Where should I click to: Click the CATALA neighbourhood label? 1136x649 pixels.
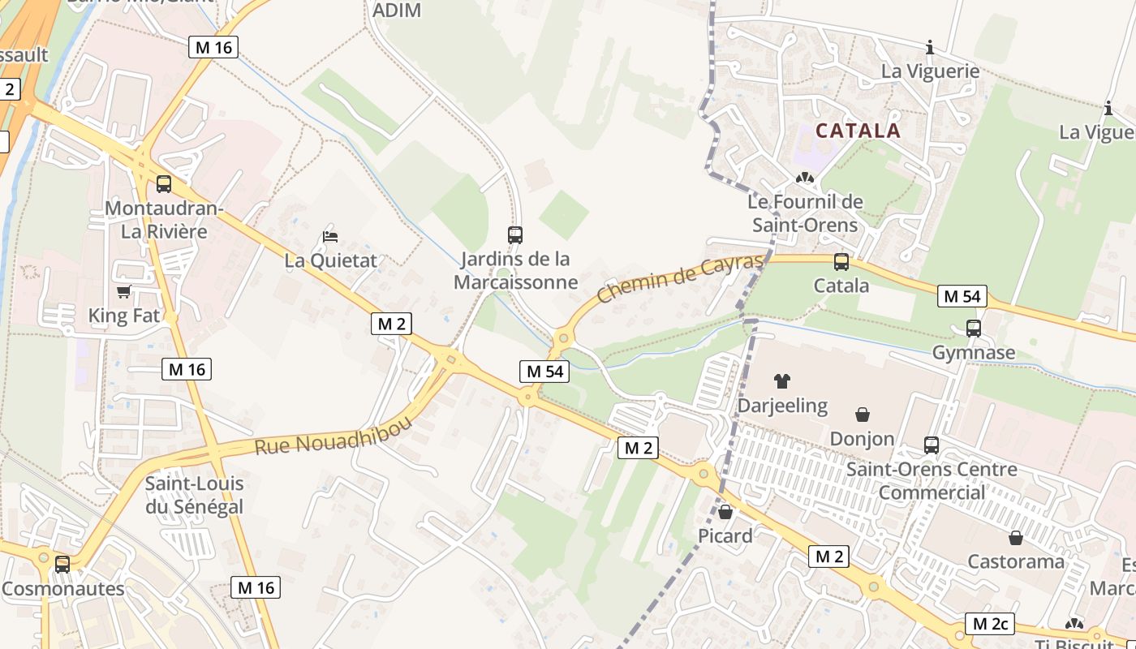pyautogui.click(x=858, y=131)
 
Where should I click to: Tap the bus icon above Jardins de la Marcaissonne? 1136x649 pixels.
pyautogui.click(x=515, y=235)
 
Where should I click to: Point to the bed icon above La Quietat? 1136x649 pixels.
pyautogui.click(x=330, y=237)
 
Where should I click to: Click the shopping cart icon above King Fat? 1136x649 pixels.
pyautogui.click(x=123, y=291)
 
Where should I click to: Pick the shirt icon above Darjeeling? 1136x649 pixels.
pyautogui.click(x=782, y=380)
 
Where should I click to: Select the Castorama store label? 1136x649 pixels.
pyautogui.click(x=1015, y=561)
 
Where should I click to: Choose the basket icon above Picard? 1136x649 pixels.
pyautogui.click(x=725, y=512)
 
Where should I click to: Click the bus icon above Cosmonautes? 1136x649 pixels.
pyautogui.click(x=62, y=564)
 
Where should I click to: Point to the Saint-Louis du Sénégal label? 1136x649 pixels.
pyautogui.click(x=194, y=496)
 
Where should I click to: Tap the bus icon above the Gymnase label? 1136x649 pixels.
pyautogui.click(x=973, y=329)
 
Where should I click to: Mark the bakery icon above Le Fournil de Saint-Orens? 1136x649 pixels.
pyautogui.click(x=804, y=178)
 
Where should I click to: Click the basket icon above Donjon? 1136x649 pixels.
pyautogui.click(x=862, y=415)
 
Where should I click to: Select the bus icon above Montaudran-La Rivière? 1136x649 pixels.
pyautogui.click(x=164, y=184)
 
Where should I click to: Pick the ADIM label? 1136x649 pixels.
pyautogui.click(x=396, y=11)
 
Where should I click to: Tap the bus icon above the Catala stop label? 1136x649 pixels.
pyautogui.click(x=841, y=262)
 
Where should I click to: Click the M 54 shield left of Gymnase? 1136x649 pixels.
pyautogui.click(x=962, y=296)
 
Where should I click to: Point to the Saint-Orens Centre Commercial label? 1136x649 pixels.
pyautogui.click(x=931, y=480)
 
